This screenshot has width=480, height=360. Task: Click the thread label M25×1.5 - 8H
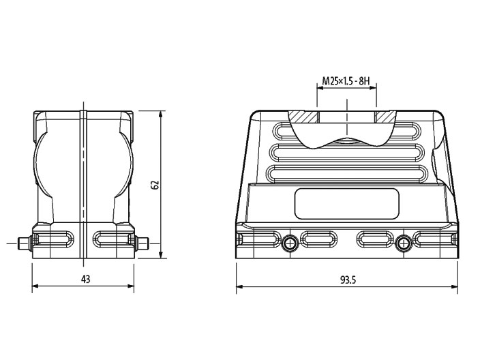click(x=346, y=82)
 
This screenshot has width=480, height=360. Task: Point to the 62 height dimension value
click(x=155, y=184)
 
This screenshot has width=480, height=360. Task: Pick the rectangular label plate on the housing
click(x=347, y=204)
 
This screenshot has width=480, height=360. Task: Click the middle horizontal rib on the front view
click(x=347, y=152)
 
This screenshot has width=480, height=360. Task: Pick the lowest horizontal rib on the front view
click(x=347, y=173)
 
